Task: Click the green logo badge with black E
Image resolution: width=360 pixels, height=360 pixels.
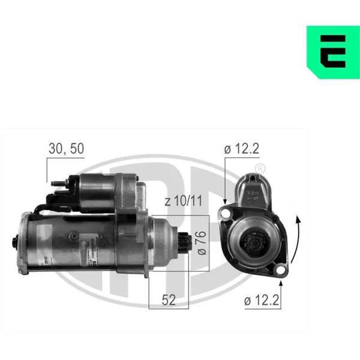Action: [x=334, y=52]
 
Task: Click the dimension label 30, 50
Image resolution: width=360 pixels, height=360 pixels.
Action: [x=67, y=149]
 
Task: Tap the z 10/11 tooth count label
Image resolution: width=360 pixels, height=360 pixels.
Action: [x=184, y=200]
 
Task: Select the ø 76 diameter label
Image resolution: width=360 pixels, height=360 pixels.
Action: [x=202, y=243]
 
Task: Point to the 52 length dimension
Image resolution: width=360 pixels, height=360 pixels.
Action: [x=169, y=300]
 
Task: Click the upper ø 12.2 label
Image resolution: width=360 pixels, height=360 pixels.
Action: [x=242, y=149]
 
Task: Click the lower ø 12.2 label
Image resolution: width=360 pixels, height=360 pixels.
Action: [x=262, y=300]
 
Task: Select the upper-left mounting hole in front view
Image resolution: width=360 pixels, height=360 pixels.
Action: [x=226, y=213]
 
